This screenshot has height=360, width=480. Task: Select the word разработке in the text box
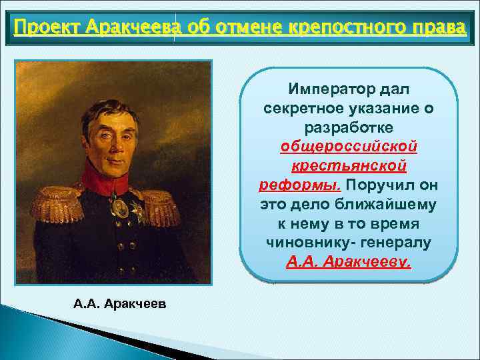click(x=349, y=127)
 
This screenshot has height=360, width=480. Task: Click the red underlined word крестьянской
click(x=349, y=165)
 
